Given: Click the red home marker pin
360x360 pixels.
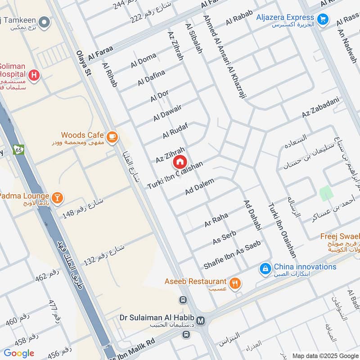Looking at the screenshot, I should (x=180, y=162).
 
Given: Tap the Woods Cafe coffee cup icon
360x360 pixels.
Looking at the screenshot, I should (x=112, y=135).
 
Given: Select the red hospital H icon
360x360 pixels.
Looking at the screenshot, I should (x=33, y=76).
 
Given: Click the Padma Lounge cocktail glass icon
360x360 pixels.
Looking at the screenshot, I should (x=57, y=197).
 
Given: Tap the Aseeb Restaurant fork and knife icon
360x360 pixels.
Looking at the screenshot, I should (x=235, y=283).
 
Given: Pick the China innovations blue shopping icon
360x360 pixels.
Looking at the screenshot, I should (x=265, y=269).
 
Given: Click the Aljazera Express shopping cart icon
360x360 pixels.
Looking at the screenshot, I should (x=322, y=19).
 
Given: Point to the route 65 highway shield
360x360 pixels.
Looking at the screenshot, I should (x=18, y=149).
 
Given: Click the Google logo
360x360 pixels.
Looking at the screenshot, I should (x=19, y=353).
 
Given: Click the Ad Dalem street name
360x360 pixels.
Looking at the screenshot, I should (x=199, y=186).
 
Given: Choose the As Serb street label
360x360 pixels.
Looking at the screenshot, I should (x=225, y=238).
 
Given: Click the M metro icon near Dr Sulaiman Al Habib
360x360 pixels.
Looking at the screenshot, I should (x=201, y=321).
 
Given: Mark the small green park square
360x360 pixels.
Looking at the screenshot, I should (x=326, y=193).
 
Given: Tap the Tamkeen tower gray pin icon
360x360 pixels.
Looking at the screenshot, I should (x=44, y=22).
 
